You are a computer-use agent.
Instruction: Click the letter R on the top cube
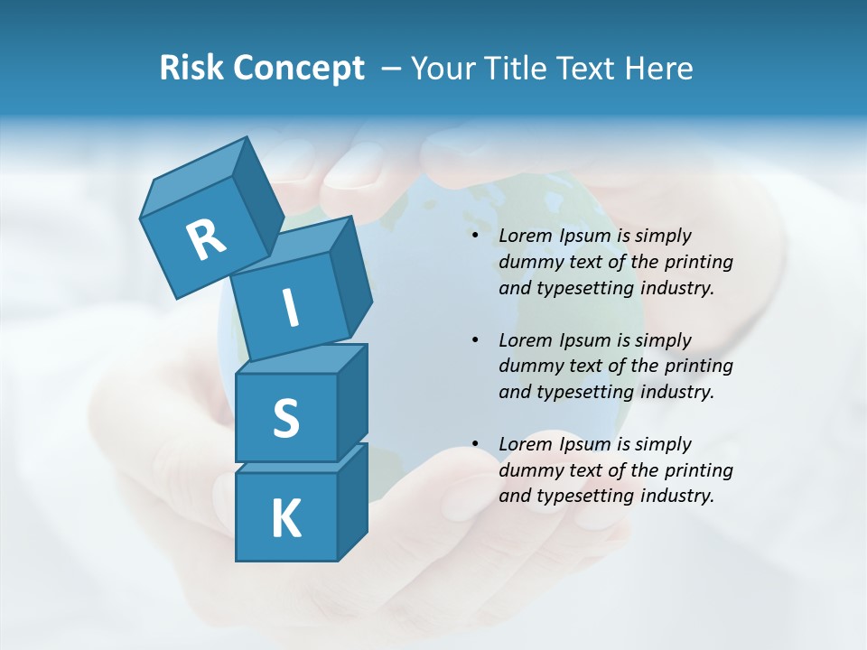click(x=206, y=239)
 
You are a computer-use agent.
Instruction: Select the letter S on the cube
click(x=285, y=418)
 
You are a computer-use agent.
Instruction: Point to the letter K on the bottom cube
click(x=285, y=519)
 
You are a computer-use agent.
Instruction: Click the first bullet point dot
click(x=475, y=237)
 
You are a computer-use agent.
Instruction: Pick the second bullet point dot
click(x=475, y=340)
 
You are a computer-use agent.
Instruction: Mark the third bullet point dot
click(x=475, y=444)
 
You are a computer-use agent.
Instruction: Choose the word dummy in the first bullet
click(x=527, y=262)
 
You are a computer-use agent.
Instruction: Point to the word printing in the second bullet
click(x=698, y=366)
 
